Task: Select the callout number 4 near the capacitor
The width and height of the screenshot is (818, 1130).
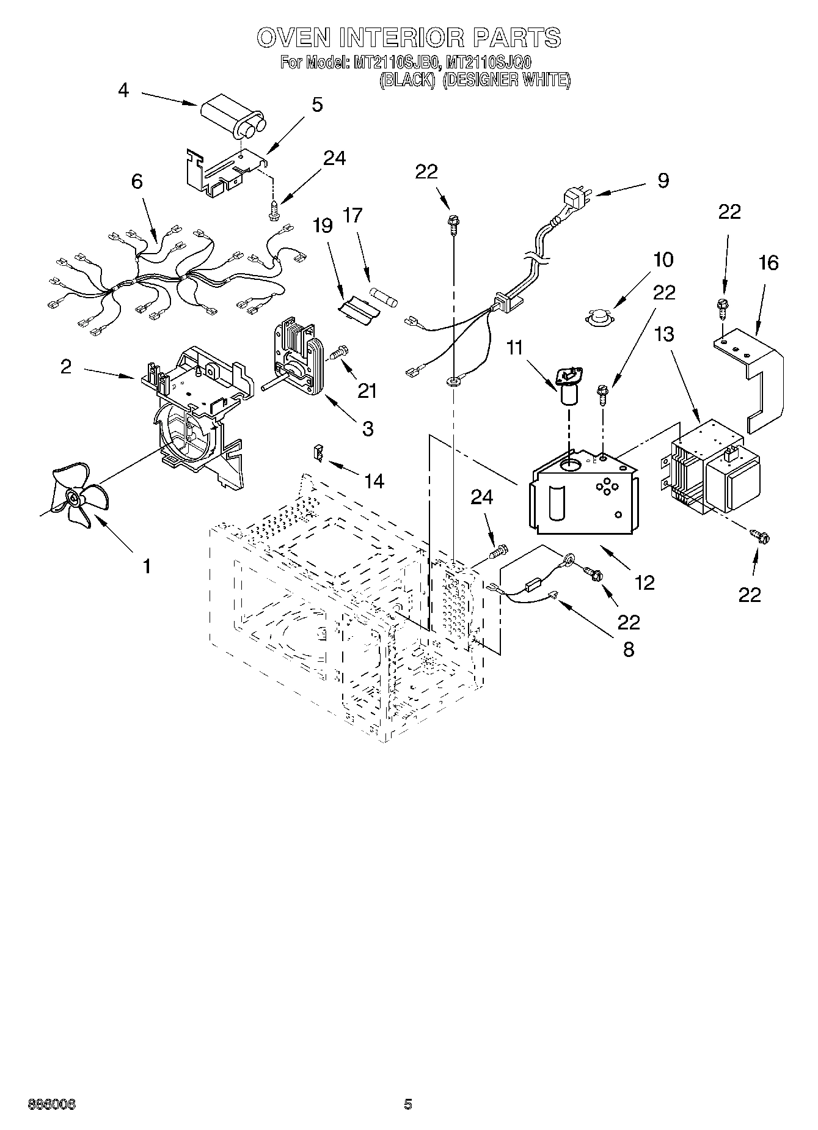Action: point(123,90)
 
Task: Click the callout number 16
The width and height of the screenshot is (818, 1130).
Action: point(769,263)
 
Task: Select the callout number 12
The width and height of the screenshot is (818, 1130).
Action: point(645,582)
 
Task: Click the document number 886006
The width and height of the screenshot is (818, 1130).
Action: point(51,1104)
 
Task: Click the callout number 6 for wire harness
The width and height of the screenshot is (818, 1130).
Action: point(137,182)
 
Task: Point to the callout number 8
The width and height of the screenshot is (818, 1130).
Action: point(628,649)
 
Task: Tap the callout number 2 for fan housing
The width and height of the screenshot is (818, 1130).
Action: point(66,366)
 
